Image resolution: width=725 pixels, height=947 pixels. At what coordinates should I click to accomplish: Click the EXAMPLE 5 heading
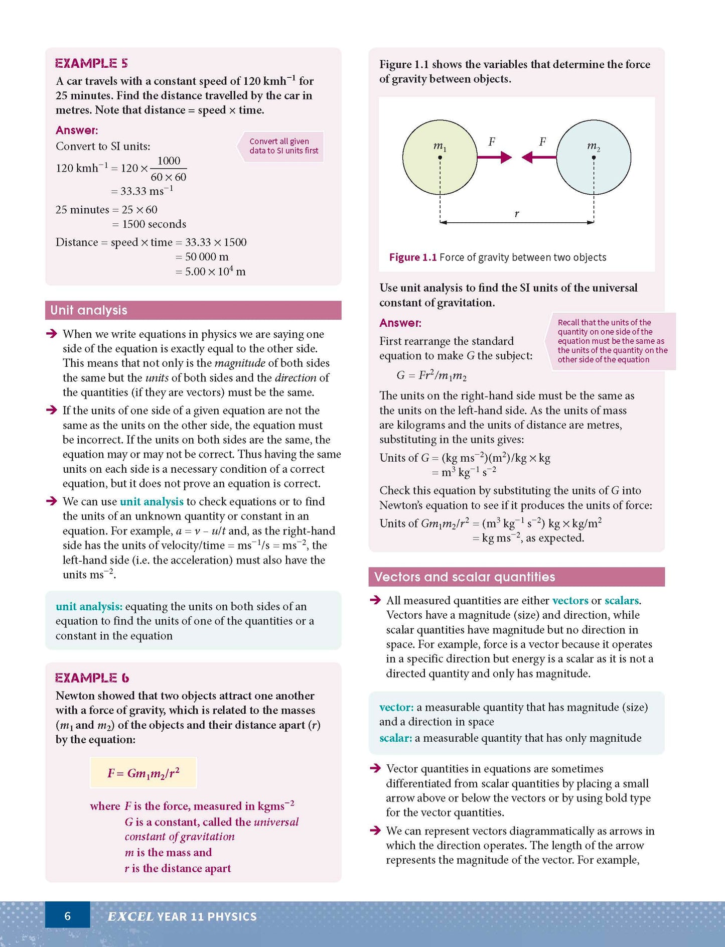coord(91,63)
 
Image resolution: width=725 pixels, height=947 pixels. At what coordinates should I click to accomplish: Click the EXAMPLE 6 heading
coord(92,678)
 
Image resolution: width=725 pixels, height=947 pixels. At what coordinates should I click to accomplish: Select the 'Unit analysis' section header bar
coord(193,310)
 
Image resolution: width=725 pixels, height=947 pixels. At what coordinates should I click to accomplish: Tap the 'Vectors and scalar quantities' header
coord(516,577)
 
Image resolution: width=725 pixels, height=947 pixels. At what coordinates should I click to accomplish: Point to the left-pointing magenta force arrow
coord(539,158)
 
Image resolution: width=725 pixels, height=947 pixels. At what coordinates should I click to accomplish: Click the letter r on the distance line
coord(517,214)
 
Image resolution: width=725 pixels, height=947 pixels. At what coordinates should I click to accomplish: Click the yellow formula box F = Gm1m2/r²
coord(143,773)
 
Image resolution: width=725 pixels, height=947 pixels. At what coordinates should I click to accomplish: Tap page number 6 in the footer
coord(68,916)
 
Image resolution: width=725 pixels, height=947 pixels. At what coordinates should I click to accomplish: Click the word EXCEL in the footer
coord(130,917)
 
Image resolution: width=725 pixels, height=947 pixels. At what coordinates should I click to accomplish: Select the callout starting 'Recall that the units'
coord(612,341)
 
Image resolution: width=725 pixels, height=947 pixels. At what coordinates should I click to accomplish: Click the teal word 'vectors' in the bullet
coord(570,601)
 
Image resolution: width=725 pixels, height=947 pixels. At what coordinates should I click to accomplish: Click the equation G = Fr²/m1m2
coord(431,376)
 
